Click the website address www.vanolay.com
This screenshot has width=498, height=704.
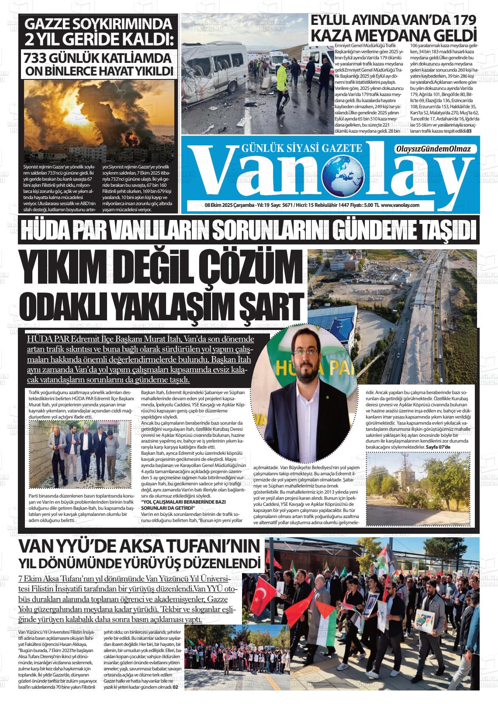click(x=400, y=205)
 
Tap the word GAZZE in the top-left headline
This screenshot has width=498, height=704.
click(x=48, y=24)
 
